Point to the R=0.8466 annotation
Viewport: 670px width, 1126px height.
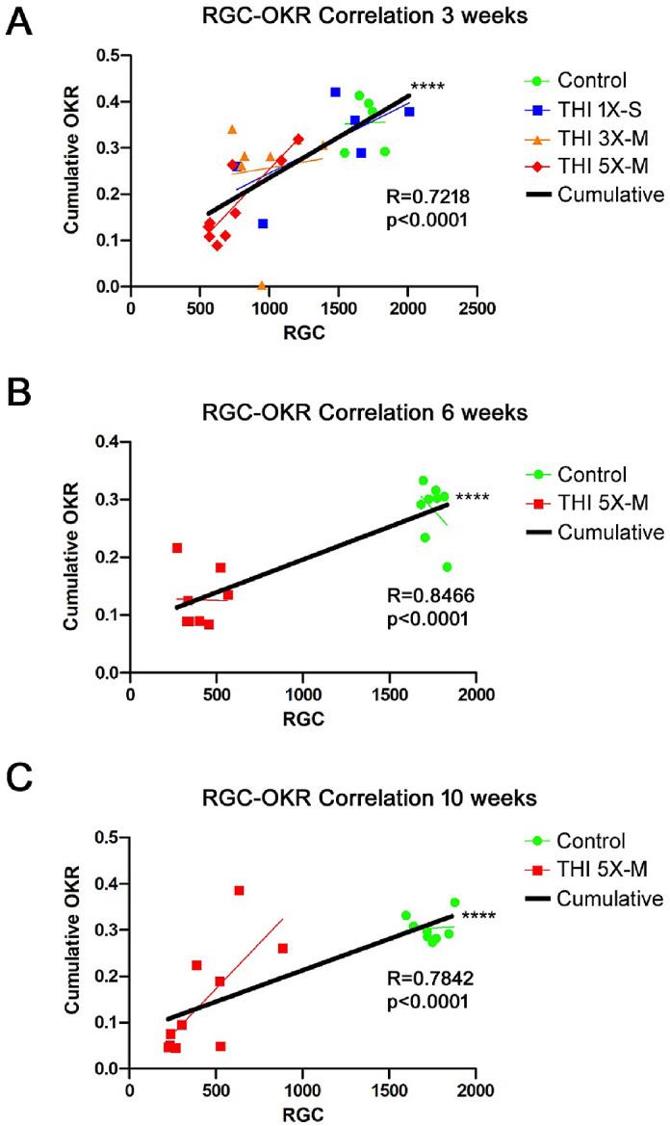coord(420,597)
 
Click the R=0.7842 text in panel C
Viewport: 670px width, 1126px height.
coord(420,980)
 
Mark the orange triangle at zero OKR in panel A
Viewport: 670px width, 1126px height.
coord(262,285)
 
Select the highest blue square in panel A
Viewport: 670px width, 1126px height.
coord(335,92)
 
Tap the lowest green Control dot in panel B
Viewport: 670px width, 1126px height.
coord(447,566)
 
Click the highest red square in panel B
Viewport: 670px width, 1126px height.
coord(177,547)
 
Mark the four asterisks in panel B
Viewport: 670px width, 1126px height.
coord(473,498)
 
